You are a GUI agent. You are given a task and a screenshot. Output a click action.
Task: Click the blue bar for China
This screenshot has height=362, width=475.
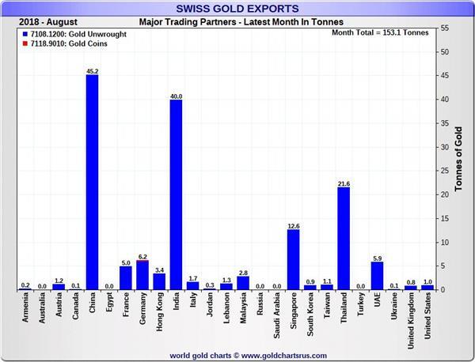pyautogui.click(x=92, y=182)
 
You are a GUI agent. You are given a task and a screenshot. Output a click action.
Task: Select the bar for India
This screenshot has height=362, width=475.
pyautogui.click(x=175, y=194)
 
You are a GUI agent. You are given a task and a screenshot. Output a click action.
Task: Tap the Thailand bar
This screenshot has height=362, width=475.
pyautogui.click(x=343, y=238)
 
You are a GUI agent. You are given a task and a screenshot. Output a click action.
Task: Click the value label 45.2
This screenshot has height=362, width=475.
pyautogui.click(x=92, y=71)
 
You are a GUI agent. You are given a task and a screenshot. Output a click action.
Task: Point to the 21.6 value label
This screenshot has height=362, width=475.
pyautogui.click(x=343, y=183)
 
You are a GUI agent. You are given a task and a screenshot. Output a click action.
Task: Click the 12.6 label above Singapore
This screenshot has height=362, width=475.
pyautogui.click(x=293, y=226)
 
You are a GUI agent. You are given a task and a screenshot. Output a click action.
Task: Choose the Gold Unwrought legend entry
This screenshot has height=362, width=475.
pyautogui.click(x=73, y=35)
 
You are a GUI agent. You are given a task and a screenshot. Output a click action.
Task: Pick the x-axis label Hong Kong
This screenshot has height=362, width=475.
pyautogui.click(x=159, y=315)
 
